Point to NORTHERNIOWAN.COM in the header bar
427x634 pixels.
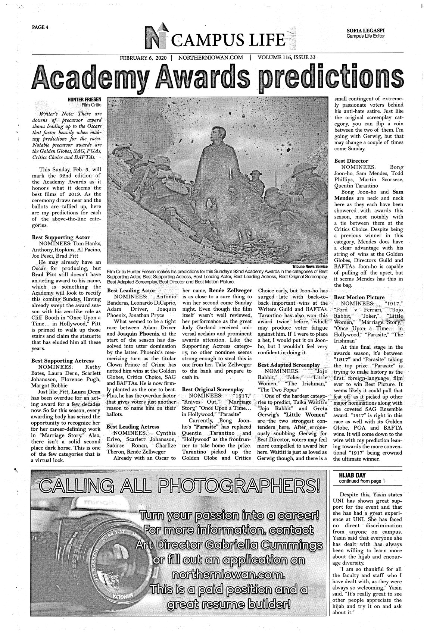point(211,58)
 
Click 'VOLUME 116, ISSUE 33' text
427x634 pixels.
point(287,58)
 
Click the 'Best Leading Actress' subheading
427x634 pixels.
point(133,426)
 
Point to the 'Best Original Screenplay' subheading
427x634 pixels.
point(213,389)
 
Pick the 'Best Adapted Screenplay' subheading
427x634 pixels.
point(289,364)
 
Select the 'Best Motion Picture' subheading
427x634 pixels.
point(359,297)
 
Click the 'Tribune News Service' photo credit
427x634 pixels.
point(309,266)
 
